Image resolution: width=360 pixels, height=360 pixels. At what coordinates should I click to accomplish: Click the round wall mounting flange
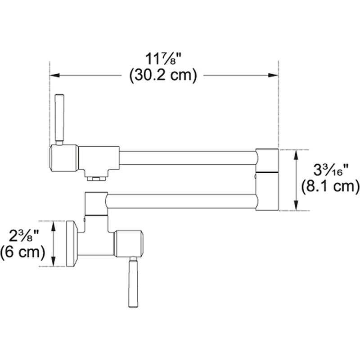coord(72,244)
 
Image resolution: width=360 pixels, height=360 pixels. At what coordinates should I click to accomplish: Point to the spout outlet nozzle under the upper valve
coord(95,178)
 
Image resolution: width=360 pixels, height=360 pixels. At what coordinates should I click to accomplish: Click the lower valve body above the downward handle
coord(130,244)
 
